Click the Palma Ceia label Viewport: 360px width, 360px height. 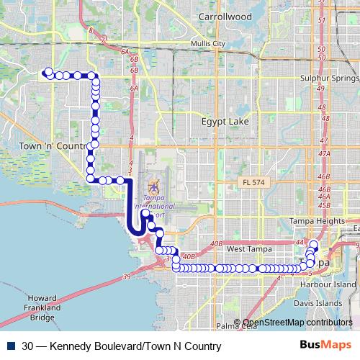235,325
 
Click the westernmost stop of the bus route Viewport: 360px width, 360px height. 48,72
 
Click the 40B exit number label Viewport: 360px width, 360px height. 189,256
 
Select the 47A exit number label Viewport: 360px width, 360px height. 323,153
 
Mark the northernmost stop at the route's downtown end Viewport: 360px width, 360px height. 313,243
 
